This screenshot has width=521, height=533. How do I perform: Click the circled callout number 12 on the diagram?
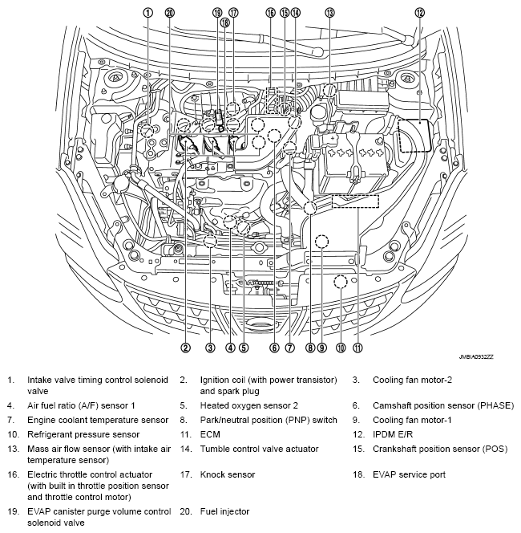click(x=419, y=12)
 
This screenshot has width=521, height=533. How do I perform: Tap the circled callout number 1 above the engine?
click(x=147, y=12)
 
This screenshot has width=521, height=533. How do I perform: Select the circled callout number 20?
click(x=169, y=12)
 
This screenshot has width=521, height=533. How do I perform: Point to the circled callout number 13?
click(x=329, y=12)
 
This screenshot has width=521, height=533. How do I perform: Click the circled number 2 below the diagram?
click(x=185, y=348)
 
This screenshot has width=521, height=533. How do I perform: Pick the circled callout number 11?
click(x=357, y=348)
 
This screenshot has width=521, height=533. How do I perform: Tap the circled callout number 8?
click(x=309, y=348)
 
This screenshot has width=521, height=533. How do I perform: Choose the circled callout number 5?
click(x=244, y=348)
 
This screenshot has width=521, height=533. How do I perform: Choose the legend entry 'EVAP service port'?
click(x=409, y=474)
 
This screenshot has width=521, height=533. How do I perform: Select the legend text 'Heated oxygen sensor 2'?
click(x=248, y=406)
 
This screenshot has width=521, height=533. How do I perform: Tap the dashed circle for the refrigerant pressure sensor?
click(x=341, y=282)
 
